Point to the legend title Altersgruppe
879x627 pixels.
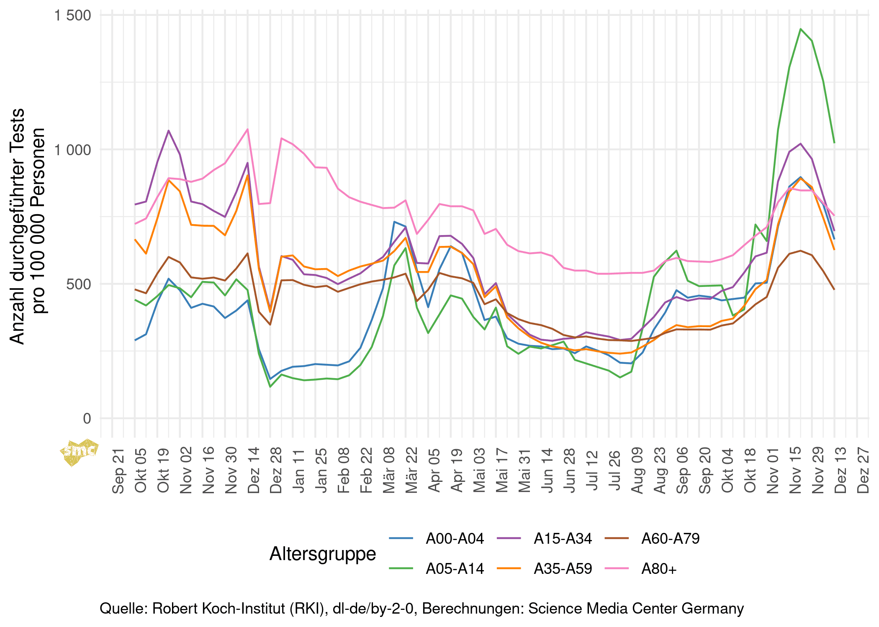click(323, 554)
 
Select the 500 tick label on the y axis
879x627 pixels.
click(79, 284)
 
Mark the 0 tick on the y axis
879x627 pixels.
click(87, 418)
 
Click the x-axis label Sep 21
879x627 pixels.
click(118, 471)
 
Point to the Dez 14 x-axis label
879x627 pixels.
click(254, 471)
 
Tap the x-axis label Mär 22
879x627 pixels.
click(412, 471)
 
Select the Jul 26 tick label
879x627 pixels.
click(615, 471)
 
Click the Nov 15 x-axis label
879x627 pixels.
click(795, 471)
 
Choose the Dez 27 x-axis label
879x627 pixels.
click(863, 471)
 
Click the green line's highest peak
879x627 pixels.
click(800, 29)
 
